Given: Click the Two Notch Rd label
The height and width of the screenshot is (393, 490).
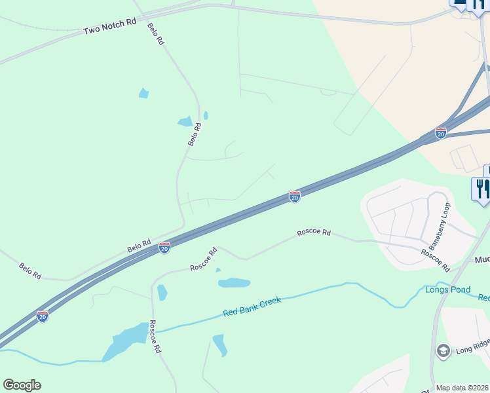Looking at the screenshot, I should (x=109, y=27).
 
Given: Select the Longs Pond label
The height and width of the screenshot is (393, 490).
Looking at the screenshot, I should (x=447, y=290).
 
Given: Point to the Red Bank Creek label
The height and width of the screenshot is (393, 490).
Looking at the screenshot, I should (x=252, y=306).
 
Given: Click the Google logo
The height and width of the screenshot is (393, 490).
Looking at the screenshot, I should (x=22, y=385).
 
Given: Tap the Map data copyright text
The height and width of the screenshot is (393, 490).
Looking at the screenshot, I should (x=462, y=388).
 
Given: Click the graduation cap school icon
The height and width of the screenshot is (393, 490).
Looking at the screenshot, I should (x=443, y=350).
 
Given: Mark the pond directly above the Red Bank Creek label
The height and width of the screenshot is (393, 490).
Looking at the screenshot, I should (x=234, y=283).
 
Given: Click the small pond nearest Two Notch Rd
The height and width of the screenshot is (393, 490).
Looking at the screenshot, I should (x=143, y=93).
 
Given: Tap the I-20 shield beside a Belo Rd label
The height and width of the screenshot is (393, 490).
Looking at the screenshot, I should (x=164, y=247).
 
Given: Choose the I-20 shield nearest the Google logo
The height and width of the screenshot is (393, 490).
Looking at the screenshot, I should (x=43, y=316).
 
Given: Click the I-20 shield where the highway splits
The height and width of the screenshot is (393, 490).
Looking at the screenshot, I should (x=440, y=133).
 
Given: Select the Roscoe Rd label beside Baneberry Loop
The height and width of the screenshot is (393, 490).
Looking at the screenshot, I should (x=436, y=260).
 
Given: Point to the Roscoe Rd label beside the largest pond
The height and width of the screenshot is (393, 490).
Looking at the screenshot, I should (x=155, y=337).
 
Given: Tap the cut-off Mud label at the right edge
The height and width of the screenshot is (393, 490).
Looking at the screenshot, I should (x=482, y=260).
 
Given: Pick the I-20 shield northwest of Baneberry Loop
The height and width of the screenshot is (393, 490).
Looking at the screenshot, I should (x=295, y=196).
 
